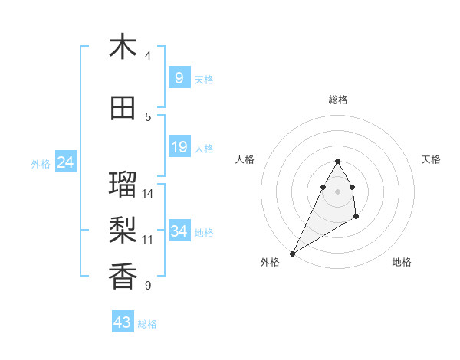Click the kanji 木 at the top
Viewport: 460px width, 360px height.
tap(123, 47)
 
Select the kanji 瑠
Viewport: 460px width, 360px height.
tap(123, 185)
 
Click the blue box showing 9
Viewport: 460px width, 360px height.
tap(179, 78)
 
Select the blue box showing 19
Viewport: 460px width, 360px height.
tap(179, 147)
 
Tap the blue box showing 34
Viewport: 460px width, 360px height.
tap(179, 231)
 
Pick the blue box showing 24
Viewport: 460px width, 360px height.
tap(65, 162)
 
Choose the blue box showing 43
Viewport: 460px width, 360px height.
tap(123, 322)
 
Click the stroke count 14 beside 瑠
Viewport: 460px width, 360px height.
tap(148, 193)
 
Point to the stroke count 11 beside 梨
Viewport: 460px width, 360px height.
tap(148, 239)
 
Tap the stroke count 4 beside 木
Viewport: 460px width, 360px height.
tap(148, 55)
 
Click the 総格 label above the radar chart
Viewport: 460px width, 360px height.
tap(338, 100)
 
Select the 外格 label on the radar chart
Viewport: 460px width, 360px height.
tap(270, 262)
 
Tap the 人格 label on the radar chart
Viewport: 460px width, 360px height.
tap(245, 159)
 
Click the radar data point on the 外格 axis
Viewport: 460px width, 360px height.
tap(292, 253)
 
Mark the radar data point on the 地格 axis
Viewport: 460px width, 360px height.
tap(356, 218)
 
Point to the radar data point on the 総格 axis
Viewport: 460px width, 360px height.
tap(338, 161)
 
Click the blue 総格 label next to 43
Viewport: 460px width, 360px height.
tap(147, 324)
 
